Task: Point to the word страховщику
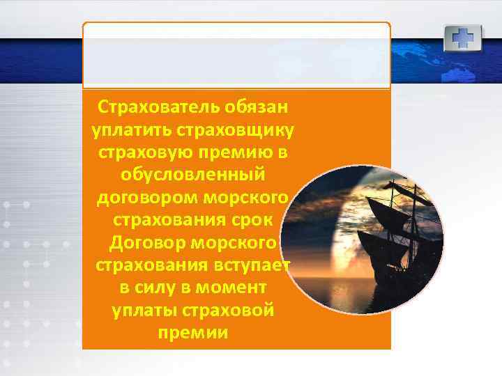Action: point(236,130)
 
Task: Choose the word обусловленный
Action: point(193,173)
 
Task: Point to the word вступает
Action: point(250,266)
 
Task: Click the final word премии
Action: point(193,332)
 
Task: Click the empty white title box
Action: point(236,55)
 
